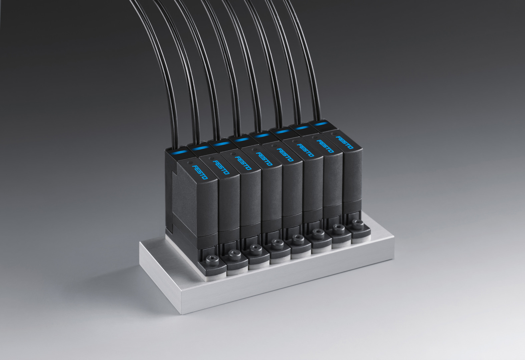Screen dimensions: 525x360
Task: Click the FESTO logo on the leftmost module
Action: pyautogui.click(x=200, y=172)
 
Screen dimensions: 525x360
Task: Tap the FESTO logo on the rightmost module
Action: pyautogui.click(x=345, y=142)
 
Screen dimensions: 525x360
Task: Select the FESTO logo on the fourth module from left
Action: pyautogui.click(x=264, y=159)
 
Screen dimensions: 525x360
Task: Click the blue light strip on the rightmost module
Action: pyautogui.click(x=321, y=124)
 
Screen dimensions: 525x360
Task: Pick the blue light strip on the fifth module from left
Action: pyautogui.click(x=262, y=136)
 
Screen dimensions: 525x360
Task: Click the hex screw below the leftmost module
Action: pyautogui.click(x=212, y=260)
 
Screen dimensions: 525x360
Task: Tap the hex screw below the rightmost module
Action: pyautogui.click(x=358, y=224)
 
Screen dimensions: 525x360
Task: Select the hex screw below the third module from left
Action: pyautogui.click(x=255, y=250)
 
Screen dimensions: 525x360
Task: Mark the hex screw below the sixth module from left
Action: pyautogui.click(x=318, y=234)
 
